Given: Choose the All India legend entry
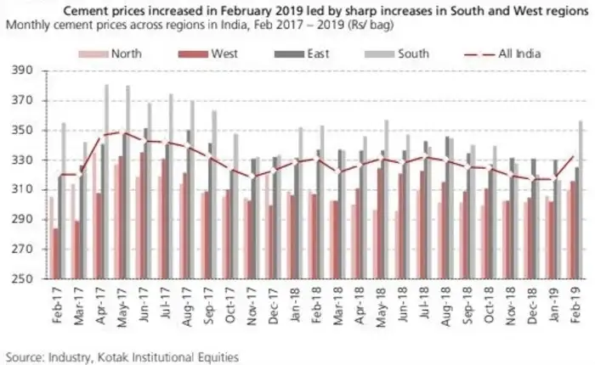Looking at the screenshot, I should coord(517,54).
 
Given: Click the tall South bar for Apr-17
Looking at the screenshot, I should coord(107,182).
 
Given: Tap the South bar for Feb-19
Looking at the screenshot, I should coord(581,199).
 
